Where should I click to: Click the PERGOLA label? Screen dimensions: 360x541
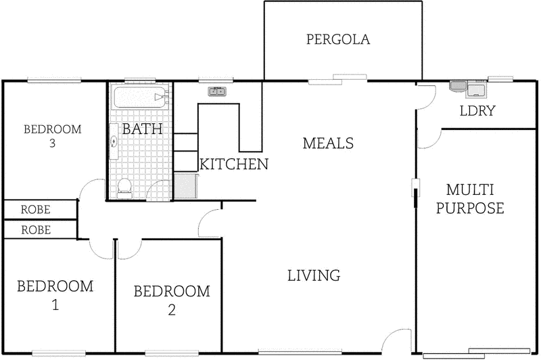(x=338, y=39)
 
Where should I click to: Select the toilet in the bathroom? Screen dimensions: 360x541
(x=124, y=187)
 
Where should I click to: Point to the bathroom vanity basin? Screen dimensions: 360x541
(x=114, y=141)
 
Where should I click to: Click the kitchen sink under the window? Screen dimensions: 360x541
(x=216, y=91)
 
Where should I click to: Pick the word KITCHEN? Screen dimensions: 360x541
(x=234, y=164)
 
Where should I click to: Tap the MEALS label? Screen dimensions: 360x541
(x=328, y=143)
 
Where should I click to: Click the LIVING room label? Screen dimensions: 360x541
(x=313, y=275)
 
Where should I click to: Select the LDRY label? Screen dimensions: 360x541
(x=478, y=111)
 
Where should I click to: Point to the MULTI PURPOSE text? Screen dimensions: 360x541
(x=470, y=198)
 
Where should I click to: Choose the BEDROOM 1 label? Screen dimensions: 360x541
(x=55, y=295)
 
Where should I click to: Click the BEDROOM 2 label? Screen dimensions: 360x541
(x=172, y=300)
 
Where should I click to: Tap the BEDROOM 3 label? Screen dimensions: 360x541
(x=52, y=135)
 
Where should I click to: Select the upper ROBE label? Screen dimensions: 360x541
(x=36, y=210)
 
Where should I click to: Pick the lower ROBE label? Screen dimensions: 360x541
(x=36, y=230)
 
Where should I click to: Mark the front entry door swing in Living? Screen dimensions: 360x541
(x=392, y=341)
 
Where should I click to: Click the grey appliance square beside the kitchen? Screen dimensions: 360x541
(x=185, y=185)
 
